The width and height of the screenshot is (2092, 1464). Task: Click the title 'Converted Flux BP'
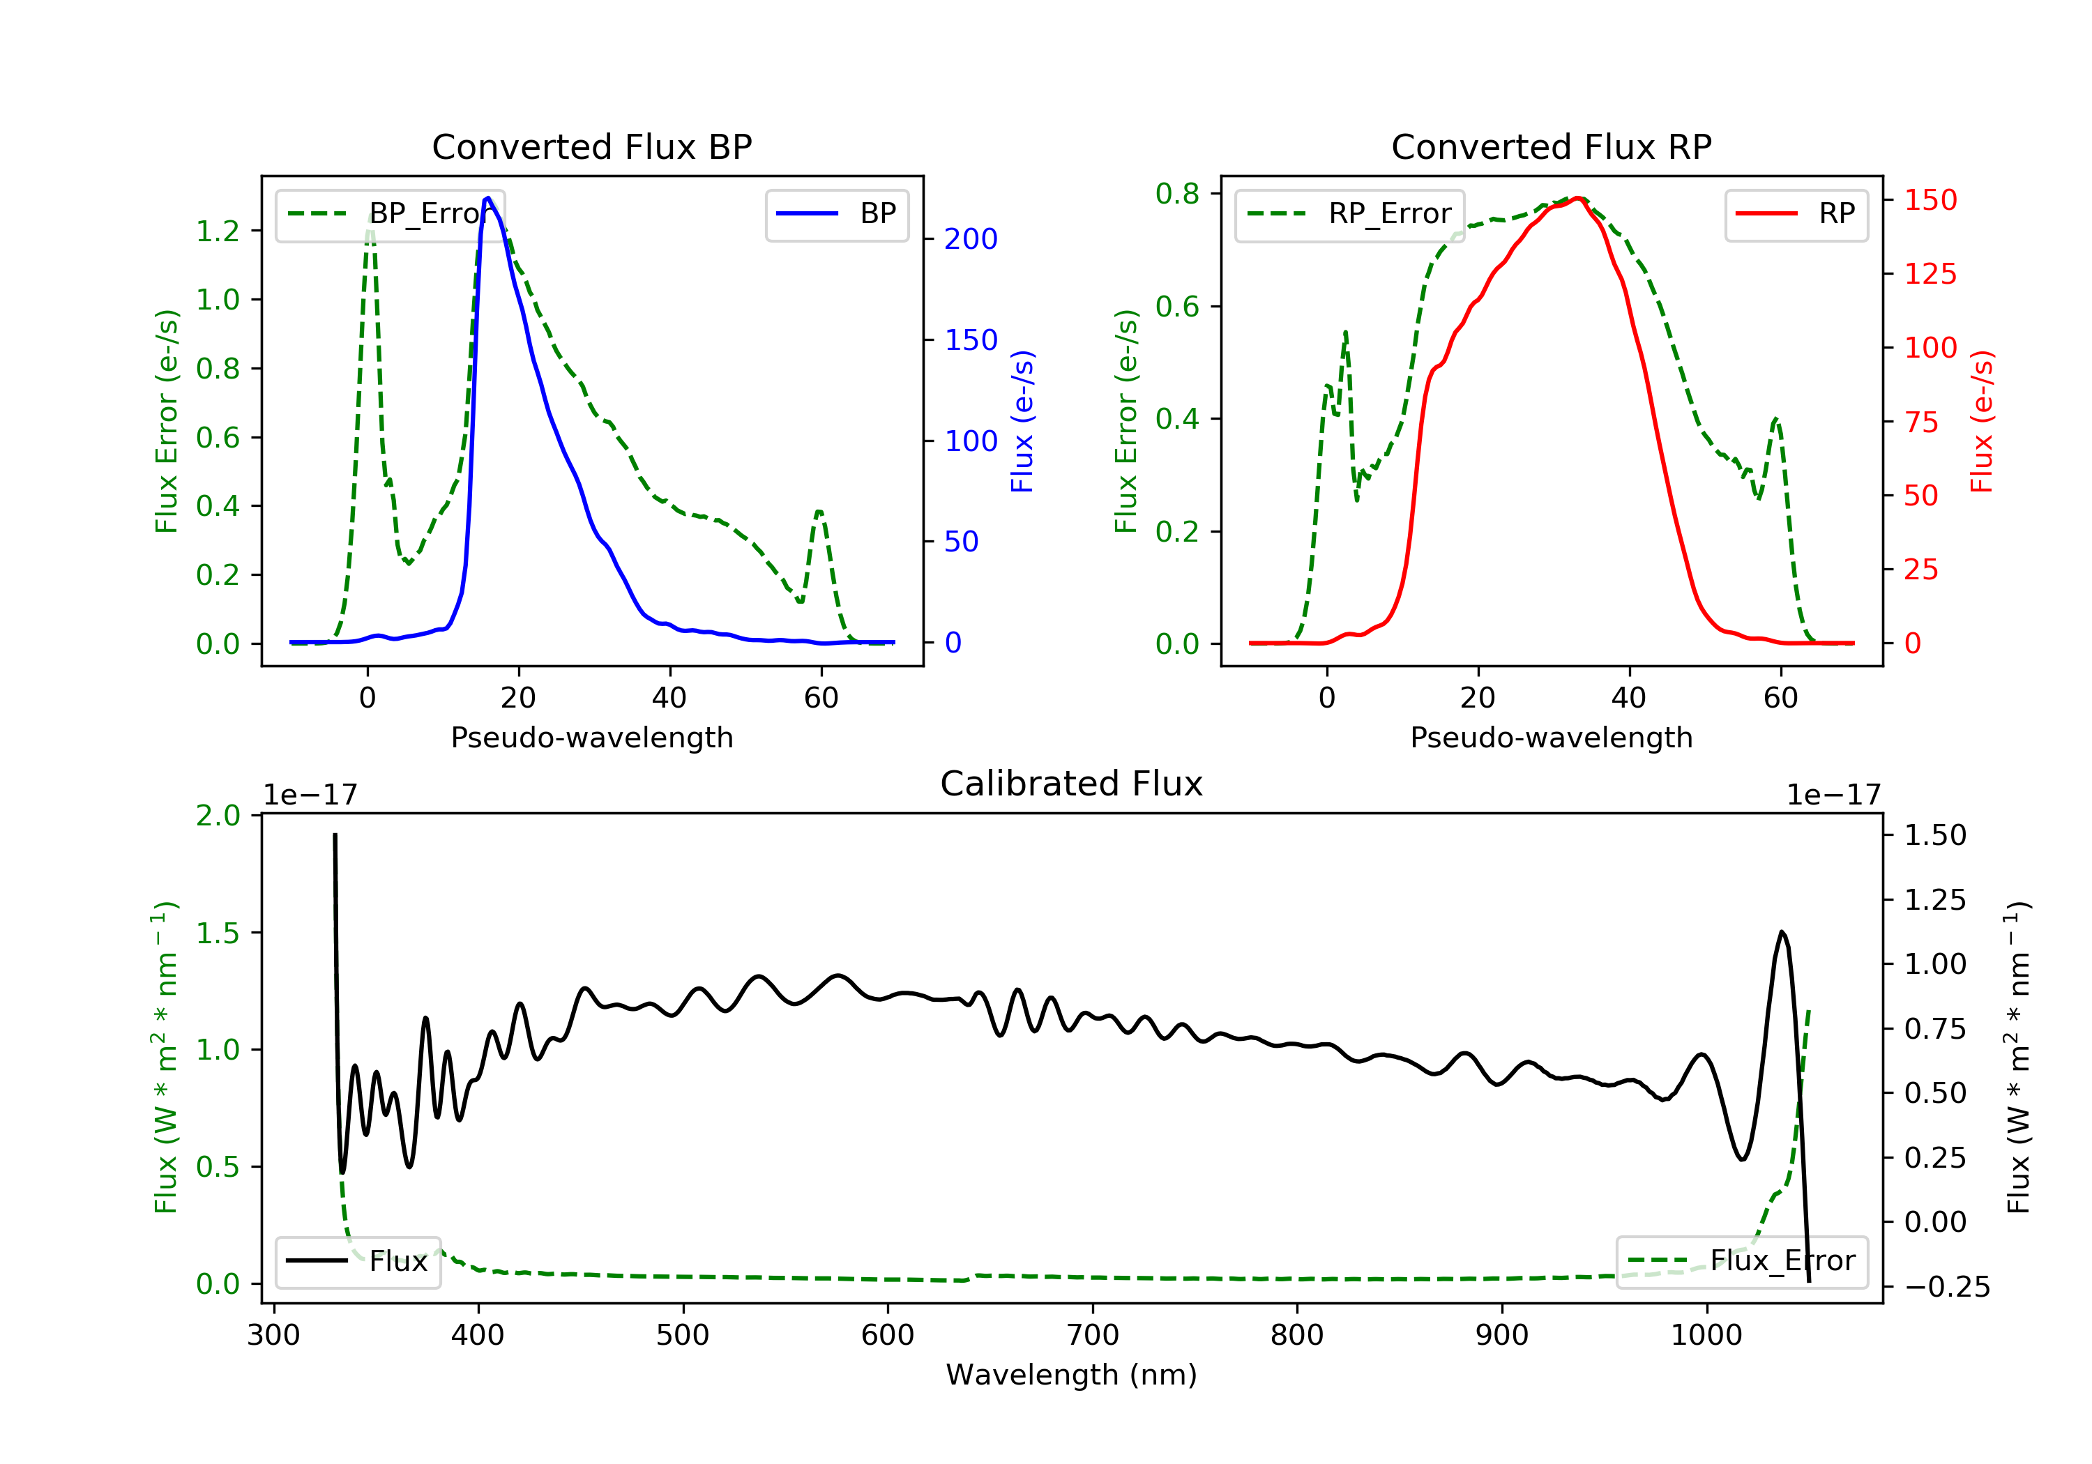coord(591,146)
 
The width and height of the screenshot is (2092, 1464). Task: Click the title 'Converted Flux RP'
coord(1551,146)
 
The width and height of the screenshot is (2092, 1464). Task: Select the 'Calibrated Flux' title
coord(1072,784)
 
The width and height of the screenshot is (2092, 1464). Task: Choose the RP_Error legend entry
coord(1349,214)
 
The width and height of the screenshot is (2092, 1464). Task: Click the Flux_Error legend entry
coord(1741,1261)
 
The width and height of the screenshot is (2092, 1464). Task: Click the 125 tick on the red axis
coord(1930,273)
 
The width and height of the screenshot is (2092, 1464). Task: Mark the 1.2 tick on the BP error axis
coord(218,231)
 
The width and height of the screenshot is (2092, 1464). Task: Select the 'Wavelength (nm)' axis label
coord(1072,1374)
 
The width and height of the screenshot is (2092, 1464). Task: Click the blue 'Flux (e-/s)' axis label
coord(1022,422)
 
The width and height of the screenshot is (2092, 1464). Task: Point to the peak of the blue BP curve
coord(488,198)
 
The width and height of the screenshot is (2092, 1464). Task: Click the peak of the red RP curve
coord(1577,199)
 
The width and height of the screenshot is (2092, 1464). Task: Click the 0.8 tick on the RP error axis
coord(1177,193)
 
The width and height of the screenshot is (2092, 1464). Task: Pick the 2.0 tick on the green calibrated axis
coord(218,816)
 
